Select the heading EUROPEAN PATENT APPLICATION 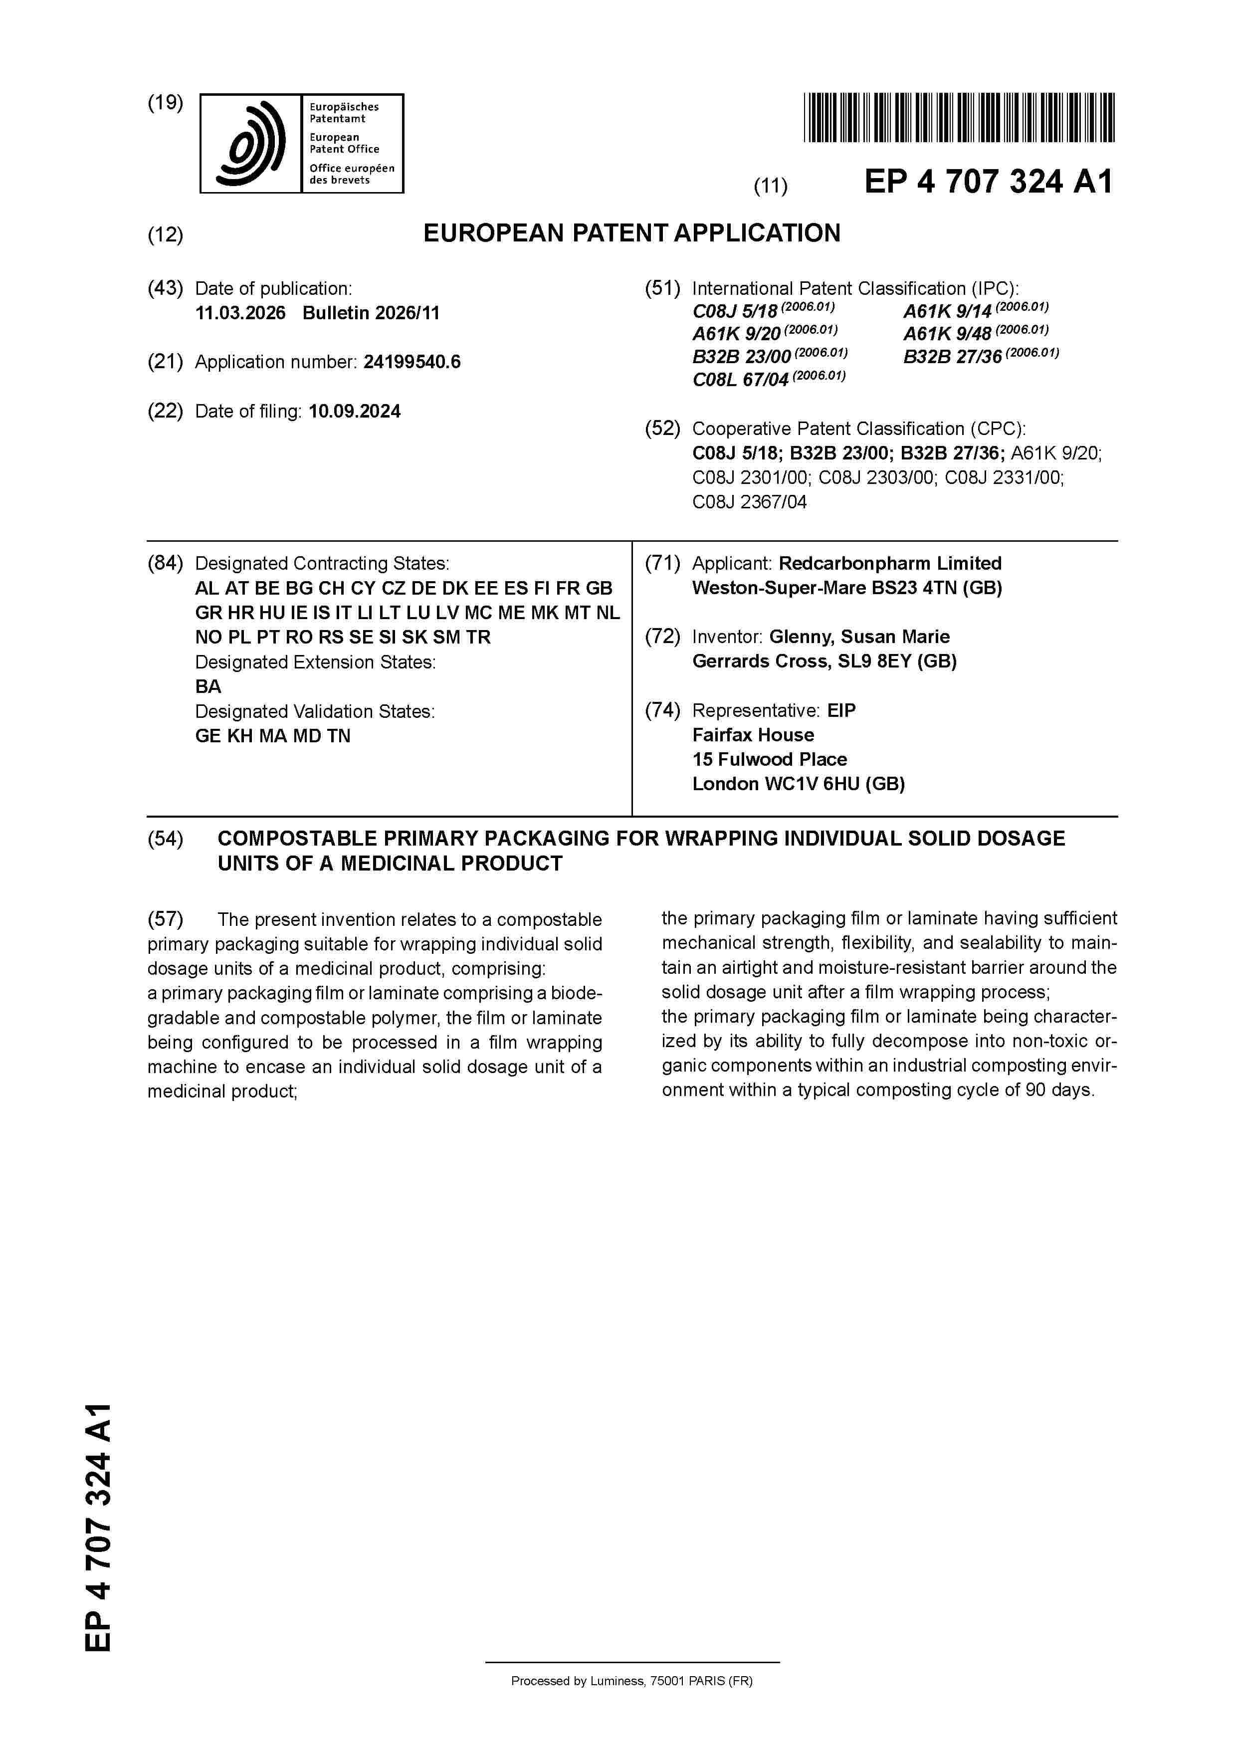click(632, 233)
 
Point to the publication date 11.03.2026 click(240, 313)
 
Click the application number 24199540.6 click(412, 362)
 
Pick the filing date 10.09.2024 click(355, 412)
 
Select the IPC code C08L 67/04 click(739, 380)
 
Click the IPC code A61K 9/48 click(947, 334)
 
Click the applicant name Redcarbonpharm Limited click(889, 564)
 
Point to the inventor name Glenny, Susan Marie click(859, 637)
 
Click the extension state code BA click(208, 687)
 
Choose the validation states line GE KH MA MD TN click(273, 736)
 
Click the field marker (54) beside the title click(166, 839)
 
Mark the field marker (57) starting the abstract click(166, 919)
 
